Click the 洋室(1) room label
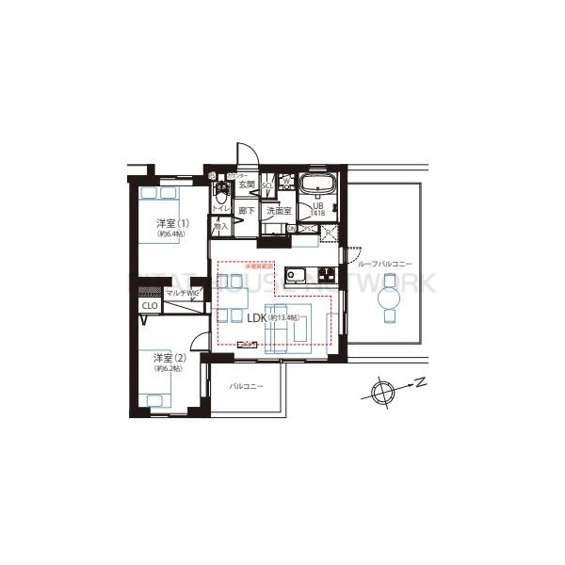172,224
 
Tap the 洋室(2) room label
169,358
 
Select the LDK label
256,318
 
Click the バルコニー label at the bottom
247,387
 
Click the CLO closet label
150,306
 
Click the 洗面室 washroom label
279,212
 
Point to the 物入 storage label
221,227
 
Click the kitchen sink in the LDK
295,275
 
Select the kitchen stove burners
326,275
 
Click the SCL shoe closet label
266,186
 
